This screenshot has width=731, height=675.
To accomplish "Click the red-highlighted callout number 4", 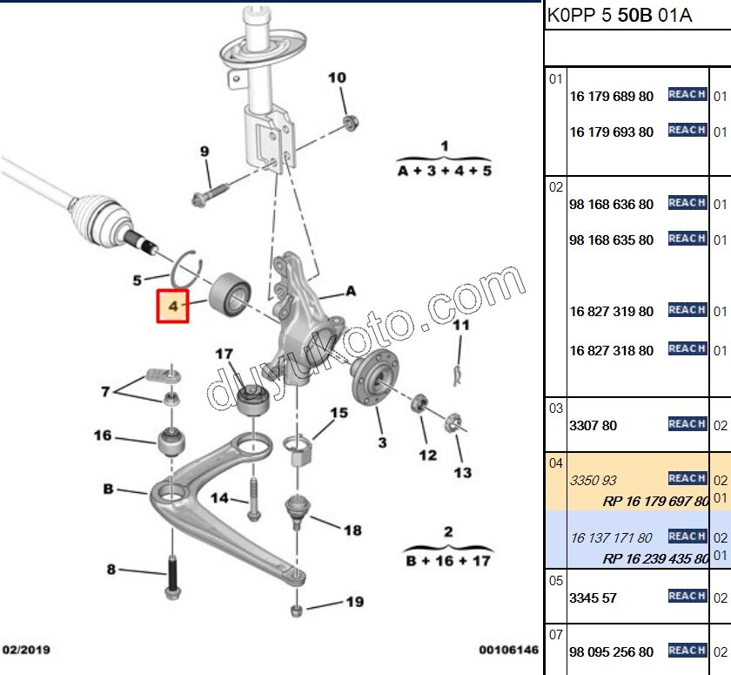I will point(173,306).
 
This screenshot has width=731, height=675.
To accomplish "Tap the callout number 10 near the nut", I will point(337,78).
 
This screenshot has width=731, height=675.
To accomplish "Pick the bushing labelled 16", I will point(170,441).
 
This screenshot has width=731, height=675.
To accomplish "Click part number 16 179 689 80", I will point(611,97).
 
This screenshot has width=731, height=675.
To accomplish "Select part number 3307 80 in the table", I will point(593,426).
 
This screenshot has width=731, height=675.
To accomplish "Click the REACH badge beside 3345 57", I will point(687,596).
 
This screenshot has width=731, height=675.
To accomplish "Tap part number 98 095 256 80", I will point(611,651).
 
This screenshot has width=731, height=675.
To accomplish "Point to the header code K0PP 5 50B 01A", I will point(619,16).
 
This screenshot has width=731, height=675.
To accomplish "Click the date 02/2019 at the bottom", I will point(27,650).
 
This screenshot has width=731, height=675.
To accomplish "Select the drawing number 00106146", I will point(508,650).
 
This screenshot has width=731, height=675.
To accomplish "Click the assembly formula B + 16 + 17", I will point(448,560).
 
